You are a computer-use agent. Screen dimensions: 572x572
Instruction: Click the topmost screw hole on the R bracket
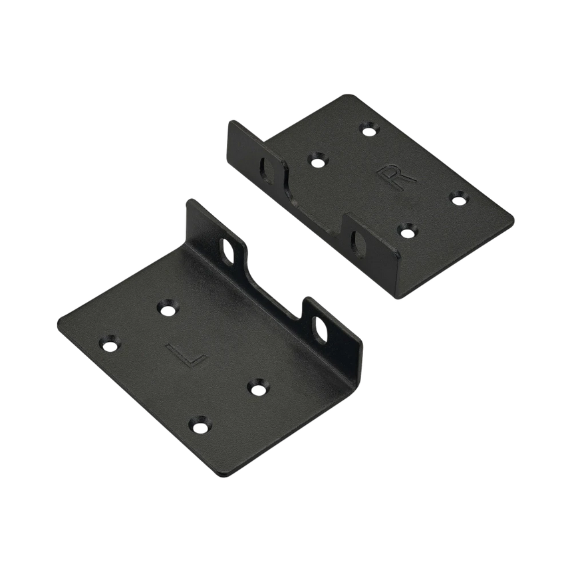(x=367, y=126)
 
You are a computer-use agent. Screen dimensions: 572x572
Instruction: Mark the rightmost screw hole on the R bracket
(x=458, y=198)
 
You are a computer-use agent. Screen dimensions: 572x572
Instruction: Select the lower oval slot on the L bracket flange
(x=323, y=331)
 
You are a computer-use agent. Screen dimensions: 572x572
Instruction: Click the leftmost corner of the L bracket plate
(x=59, y=317)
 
